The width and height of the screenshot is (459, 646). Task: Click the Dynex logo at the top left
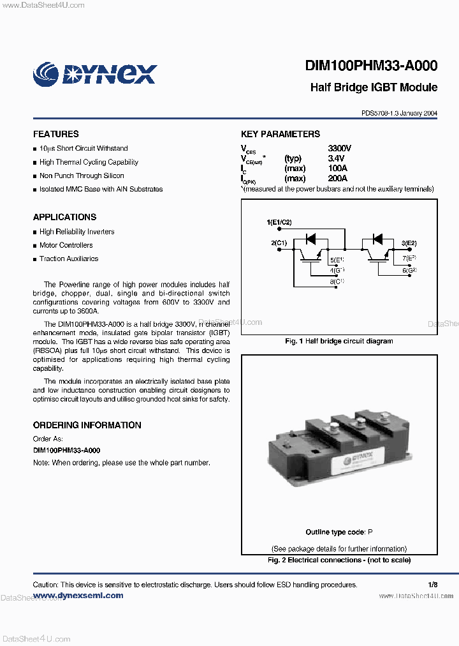pos(94,73)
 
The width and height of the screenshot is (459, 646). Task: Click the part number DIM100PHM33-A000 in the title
pos(371,66)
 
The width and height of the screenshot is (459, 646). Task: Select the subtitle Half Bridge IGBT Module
pos(374,87)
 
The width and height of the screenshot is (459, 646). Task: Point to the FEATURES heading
pos(56,134)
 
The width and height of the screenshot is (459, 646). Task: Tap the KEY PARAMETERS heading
pos(280,134)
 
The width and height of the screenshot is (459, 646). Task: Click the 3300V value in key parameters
pos(340,148)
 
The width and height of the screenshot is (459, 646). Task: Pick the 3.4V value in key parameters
pos(336,158)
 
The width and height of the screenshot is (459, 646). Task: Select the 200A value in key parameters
pos(338,179)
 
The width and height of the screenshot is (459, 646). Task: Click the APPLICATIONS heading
pos(65,217)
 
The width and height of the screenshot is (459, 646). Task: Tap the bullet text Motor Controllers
pos(66,245)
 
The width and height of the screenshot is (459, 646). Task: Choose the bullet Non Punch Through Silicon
pos(82,176)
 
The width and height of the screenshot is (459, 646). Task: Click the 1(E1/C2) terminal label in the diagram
pos(279,222)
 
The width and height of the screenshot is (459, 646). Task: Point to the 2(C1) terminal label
pos(279,243)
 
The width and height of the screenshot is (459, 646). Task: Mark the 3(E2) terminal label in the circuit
pos(409,243)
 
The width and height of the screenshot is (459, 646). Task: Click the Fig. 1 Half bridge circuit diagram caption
pos(339,342)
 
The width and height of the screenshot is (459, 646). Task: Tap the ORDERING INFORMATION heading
pos(87,425)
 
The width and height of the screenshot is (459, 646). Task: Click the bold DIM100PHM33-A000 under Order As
pos(66,451)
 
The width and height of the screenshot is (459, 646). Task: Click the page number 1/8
pos(433,585)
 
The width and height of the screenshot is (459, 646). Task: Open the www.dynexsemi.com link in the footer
pos(78,596)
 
